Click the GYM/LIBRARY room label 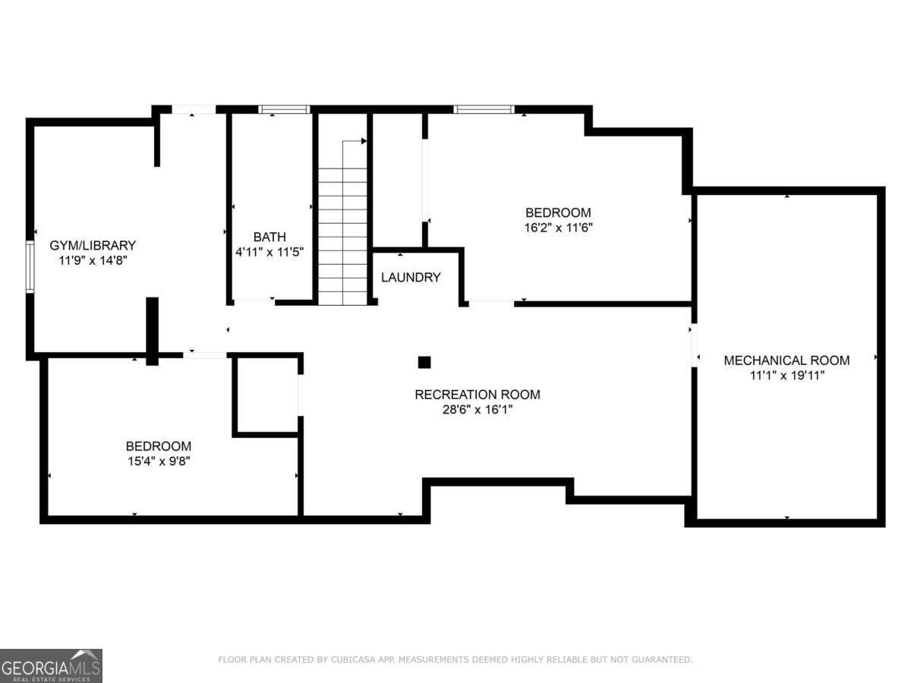[x=93, y=245]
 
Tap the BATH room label [x=270, y=237]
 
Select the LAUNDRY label [x=411, y=277]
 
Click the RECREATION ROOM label [x=477, y=395]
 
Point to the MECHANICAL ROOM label [x=786, y=360]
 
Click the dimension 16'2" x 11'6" [x=558, y=227]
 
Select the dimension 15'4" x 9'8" [x=158, y=461]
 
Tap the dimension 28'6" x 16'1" [x=477, y=410]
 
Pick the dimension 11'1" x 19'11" [x=786, y=375]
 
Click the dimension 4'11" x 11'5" [x=270, y=251]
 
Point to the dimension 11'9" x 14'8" [x=93, y=260]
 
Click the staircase [x=342, y=228]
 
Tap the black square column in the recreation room [x=424, y=362]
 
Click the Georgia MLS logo [x=51, y=666]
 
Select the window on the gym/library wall [x=30, y=266]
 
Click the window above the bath [x=285, y=109]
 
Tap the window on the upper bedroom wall [x=484, y=109]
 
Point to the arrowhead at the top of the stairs [x=364, y=141]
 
